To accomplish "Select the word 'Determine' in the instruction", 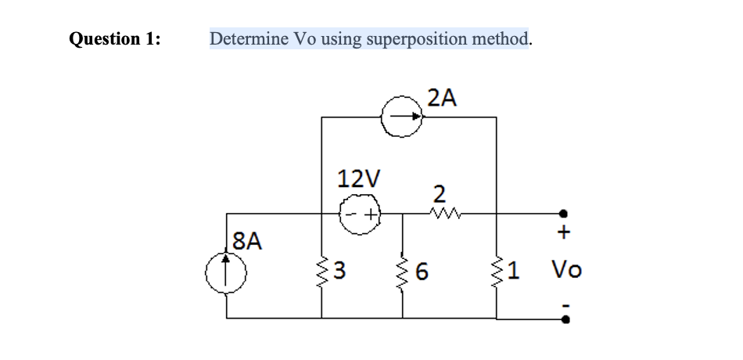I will click(x=248, y=38).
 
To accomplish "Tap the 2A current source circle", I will click(x=402, y=117).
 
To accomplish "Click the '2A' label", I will click(x=442, y=97).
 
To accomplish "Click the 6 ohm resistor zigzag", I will click(x=403, y=272).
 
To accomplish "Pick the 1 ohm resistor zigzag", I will click(x=497, y=272).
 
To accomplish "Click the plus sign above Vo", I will click(x=565, y=232).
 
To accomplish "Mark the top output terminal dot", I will click(x=563, y=213).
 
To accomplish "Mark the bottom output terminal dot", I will click(x=563, y=319).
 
